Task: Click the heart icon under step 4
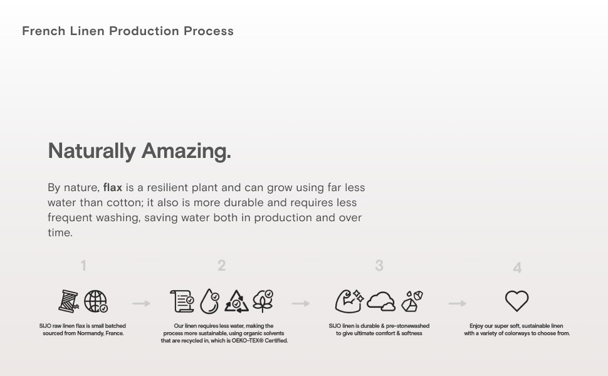[x=516, y=301]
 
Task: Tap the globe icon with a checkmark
[x=95, y=301]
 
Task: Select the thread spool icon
[x=68, y=301]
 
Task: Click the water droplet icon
[x=209, y=301]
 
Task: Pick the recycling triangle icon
[x=236, y=301]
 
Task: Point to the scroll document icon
[x=182, y=301]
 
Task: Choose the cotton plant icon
[x=263, y=301]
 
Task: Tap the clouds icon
[x=380, y=301]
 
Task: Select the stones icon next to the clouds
[x=412, y=301]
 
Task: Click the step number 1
[x=83, y=266]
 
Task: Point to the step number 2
[x=221, y=266]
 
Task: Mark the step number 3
[x=379, y=266]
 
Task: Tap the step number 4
[x=517, y=268]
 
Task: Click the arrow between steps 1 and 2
[x=141, y=303]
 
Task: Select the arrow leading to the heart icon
[x=458, y=303]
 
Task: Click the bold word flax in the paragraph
[x=112, y=187]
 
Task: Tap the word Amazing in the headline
[x=186, y=151]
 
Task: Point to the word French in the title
[x=43, y=31]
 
